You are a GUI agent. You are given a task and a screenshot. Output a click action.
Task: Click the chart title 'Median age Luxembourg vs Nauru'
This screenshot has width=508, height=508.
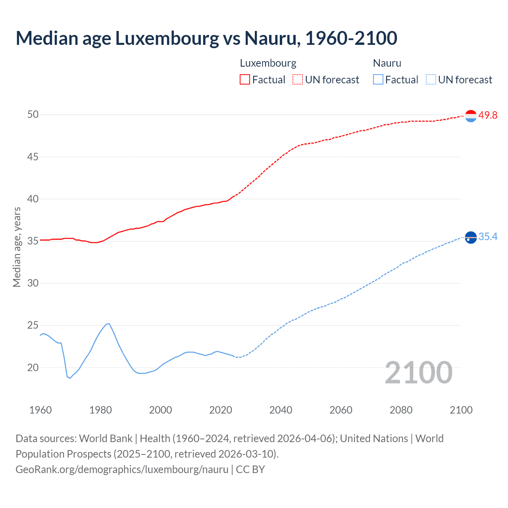coord(206,38)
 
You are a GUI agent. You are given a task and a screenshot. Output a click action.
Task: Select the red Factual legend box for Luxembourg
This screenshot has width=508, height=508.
coord(245,80)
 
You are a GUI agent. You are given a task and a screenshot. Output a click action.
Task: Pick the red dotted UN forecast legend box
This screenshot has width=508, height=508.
coord(298,80)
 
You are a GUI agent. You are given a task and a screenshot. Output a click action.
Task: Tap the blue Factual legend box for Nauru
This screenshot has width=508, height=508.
coord(378,80)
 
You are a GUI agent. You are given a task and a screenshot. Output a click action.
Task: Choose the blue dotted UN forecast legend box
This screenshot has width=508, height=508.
coord(431,80)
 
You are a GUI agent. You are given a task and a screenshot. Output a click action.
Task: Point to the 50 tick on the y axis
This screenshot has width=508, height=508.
coord(33,115)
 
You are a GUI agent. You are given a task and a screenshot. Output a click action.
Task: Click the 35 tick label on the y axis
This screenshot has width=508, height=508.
coord(33,241)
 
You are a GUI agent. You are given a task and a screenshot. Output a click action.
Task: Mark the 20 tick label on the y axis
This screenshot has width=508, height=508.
coord(33,368)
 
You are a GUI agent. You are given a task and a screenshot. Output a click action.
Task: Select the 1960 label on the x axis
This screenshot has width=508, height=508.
coord(40,410)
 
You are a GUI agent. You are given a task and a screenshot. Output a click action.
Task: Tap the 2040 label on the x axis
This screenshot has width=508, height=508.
coord(281,410)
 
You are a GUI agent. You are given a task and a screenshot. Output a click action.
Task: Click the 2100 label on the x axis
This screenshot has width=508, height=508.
coord(461,410)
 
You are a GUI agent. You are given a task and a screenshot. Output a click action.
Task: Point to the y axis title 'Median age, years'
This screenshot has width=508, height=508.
coord(17,247)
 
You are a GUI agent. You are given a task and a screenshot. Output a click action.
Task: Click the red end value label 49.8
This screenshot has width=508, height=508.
coord(488,115)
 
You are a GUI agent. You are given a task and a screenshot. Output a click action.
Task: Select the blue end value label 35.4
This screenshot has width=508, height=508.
coord(488,237)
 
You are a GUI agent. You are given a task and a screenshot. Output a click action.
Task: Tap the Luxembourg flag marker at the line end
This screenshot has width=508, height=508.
coord(471,116)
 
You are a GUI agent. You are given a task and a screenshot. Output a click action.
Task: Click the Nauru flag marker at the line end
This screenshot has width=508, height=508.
coord(471,237)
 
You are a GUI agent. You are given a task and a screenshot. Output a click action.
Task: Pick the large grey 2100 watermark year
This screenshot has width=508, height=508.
coord(418,373)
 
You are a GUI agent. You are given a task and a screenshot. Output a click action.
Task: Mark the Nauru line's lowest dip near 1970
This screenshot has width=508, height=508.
coord(70,378)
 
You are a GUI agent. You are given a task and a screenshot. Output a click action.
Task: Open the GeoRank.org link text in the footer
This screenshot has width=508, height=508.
coord(122,470)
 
